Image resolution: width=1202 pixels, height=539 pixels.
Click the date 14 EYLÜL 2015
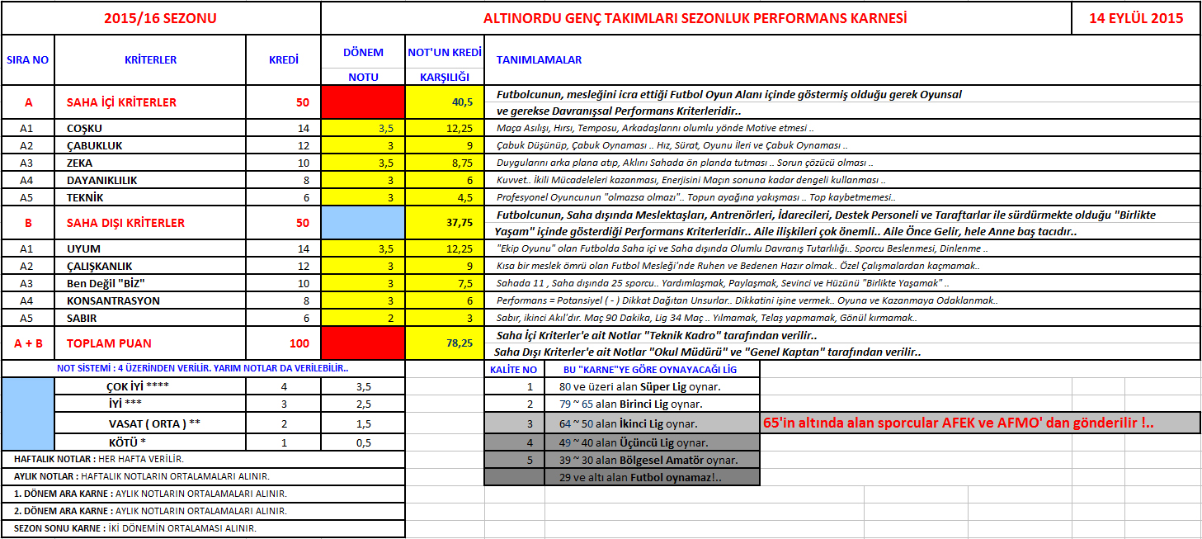click(x=1136, y=18)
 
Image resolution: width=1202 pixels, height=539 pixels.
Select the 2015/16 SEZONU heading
click(x=160, y=18)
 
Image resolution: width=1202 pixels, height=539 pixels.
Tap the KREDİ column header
click(x=284, y=59)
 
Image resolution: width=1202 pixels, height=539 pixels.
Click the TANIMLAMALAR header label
click(x=539, y=59)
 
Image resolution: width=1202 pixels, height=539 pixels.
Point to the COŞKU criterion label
click(x=84, y=129)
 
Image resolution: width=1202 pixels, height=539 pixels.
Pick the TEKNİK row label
click(x=86, y=198)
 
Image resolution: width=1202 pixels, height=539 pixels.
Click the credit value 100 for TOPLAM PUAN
click(x=299, y=343)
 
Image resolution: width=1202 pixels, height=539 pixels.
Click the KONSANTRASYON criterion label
click(x=113, y=301)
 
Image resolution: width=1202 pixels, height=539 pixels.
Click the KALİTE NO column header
click(x=513, y=370)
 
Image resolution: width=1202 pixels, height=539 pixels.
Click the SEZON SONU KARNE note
click(x=135, y=528)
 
